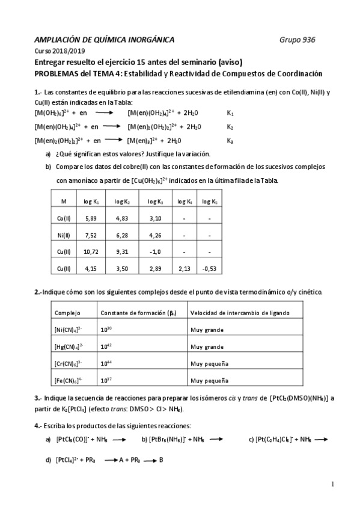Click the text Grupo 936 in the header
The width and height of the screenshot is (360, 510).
297,40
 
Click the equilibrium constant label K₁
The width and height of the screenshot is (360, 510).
230,112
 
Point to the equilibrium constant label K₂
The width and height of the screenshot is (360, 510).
230,127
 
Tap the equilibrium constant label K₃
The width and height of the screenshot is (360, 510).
230,141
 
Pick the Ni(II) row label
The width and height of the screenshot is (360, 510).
63,235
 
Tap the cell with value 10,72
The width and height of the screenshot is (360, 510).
90,251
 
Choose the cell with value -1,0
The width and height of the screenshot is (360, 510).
156,251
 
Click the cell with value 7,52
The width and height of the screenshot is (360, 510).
91,235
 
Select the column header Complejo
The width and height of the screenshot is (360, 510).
67,313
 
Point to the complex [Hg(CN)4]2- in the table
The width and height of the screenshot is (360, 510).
69,347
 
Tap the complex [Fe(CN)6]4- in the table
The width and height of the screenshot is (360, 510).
69,381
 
